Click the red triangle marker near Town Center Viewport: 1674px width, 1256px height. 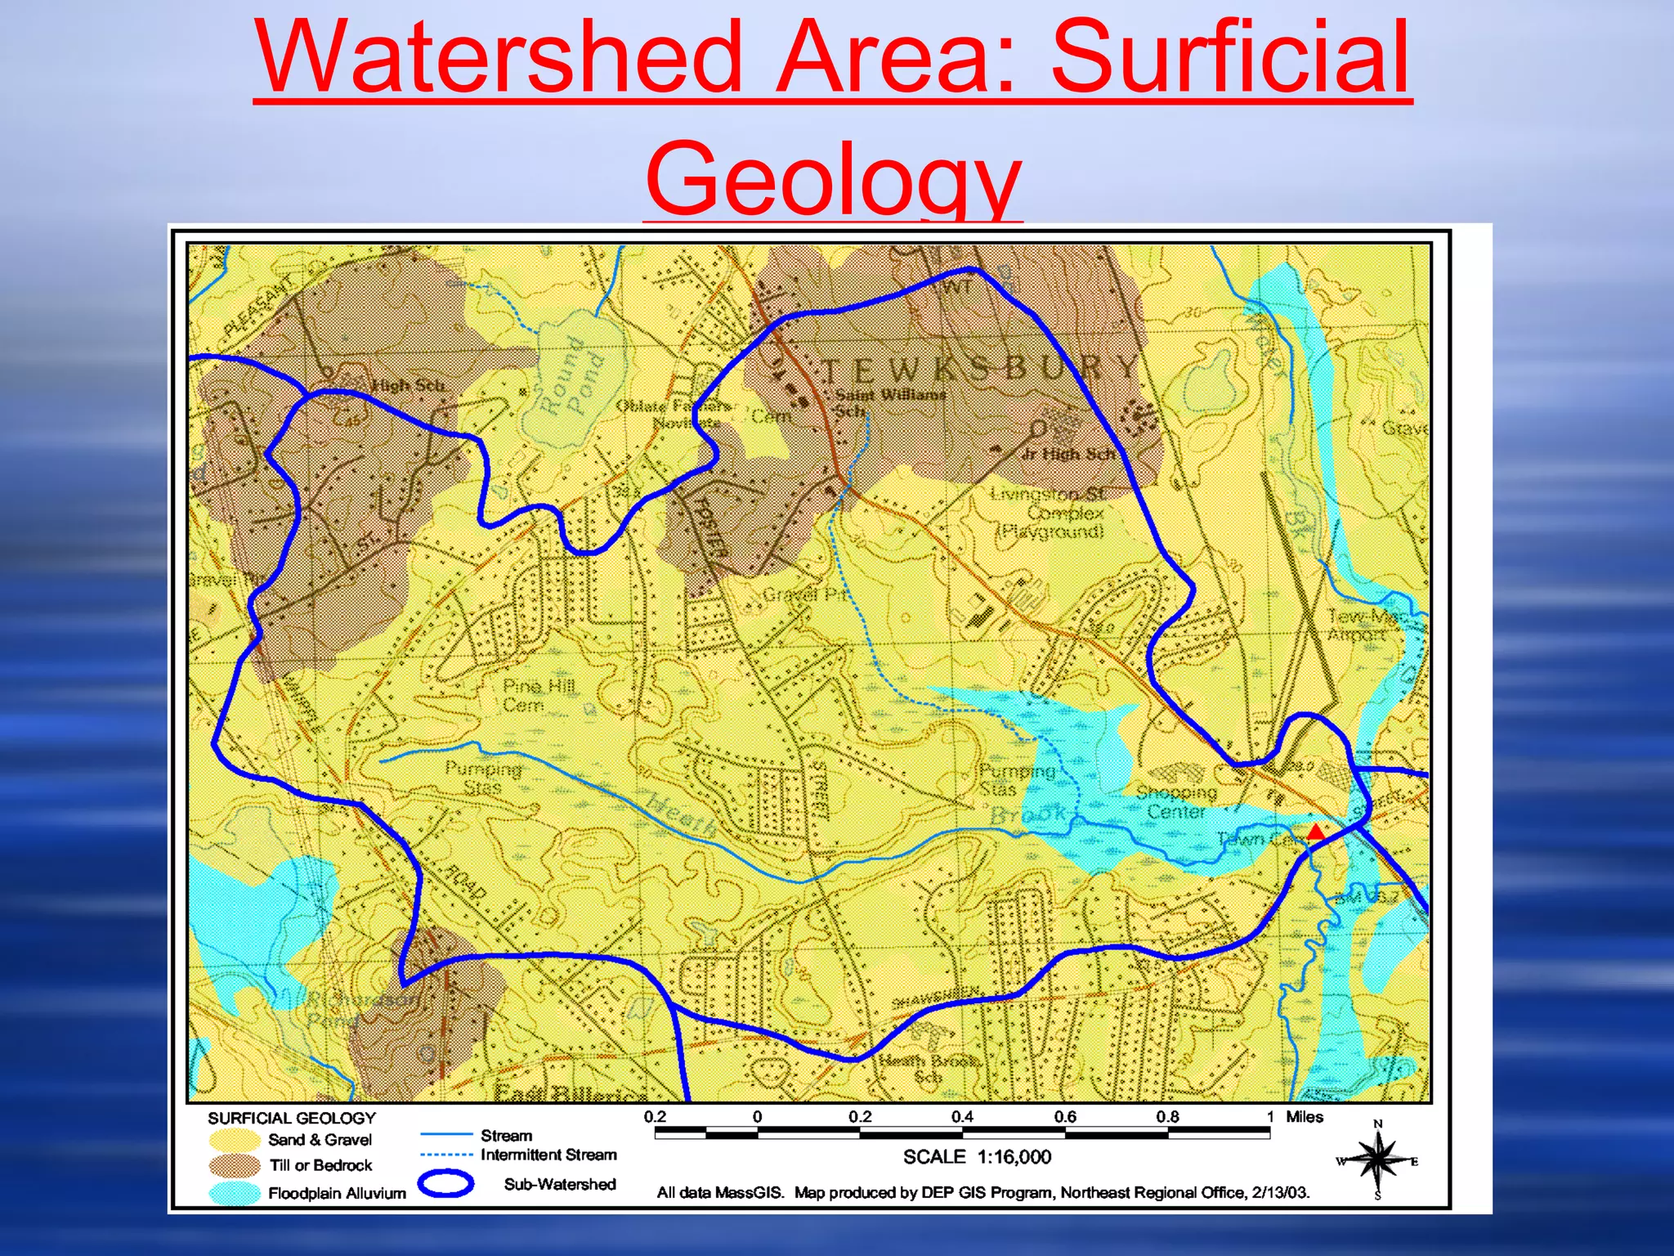pos(1315,833)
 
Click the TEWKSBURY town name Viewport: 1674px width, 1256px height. pos(980,369)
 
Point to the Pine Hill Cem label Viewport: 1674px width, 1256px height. pos(538,694)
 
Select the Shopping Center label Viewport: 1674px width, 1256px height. pos(1175,801)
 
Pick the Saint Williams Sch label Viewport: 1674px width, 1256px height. pos(888,401)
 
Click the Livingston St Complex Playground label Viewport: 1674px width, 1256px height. pos(1050,513)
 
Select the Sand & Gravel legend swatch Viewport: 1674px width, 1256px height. pos(234,1140)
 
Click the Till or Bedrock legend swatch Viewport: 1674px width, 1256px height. pos(234,1165)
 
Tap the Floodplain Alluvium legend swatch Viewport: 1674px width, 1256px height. pos(234,1193)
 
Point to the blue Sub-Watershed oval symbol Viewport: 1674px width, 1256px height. pos(445,1183)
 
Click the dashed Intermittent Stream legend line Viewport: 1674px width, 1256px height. pos(446,1155)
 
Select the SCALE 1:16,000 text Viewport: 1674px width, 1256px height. pos(977,1156)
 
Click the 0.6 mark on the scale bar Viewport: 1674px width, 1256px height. pos(1065,1117)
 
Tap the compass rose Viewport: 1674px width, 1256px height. pos(1378,1160)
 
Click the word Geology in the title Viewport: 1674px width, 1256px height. pos(833,177)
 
